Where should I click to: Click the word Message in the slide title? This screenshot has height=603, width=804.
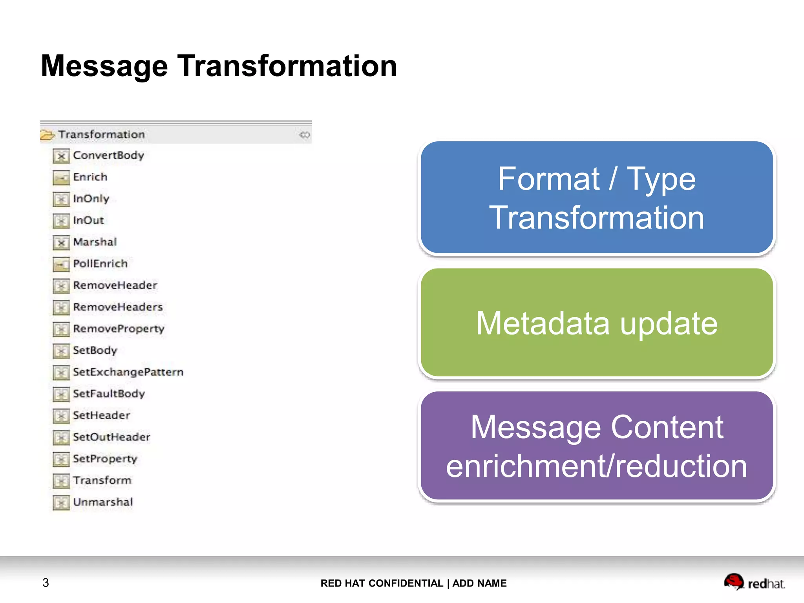pyautogui.click(x=104, y=66)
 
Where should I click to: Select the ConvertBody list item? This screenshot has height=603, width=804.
pyautogui.click(x=108, y=155)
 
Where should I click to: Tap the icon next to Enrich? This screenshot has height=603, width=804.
pyautogui.click(x=61, y=177)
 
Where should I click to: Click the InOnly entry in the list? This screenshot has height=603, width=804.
pyautogui.click(x=91, y=199)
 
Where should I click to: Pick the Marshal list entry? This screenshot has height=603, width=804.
pyautogui.click(x=95, y=242)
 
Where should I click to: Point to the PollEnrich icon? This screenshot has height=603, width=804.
pyautogui.click(x=61, y=264)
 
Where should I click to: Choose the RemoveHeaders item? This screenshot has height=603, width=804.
pyautogui.click(x=118, y=307)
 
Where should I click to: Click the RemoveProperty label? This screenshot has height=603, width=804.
pyautogui.click(x=119, y=329)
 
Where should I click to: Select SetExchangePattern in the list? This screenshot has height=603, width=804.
pyautogui.click(x=128, y=372)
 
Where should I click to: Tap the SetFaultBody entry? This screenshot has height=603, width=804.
pyautogui.click(x=109, y=393)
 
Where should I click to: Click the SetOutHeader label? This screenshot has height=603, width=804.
pyautogui.click(x=111, y=437)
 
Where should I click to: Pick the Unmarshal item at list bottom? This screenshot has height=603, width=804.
pyautogui.click(x=103, y=502)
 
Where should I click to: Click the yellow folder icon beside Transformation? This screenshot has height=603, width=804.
pyautogui.click(x=48, y=135)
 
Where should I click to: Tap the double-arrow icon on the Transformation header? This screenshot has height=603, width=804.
pyautogui.click(x=305, y=135)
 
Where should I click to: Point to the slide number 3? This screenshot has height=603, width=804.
pyautogui.click(x=46, y=583)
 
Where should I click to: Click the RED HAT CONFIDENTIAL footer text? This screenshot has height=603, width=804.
pyautogui.click(x=382, y=583)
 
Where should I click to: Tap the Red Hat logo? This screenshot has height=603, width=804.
pyautogui.click(x=754, y=582)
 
